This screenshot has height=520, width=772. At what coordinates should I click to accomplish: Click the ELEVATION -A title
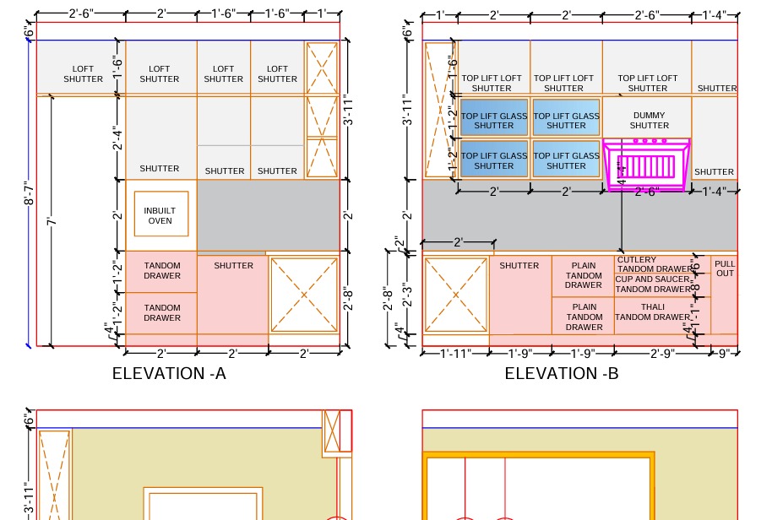click(x=169, y=373)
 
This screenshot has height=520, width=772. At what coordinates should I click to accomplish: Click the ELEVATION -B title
click(x=562, y=373)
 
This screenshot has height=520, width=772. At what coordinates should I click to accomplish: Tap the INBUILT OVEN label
click(x=160, y=215)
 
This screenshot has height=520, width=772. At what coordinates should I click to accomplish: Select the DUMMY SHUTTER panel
click(x=648, y=120)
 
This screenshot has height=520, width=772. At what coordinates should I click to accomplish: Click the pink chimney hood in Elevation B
click(x=647, y=165)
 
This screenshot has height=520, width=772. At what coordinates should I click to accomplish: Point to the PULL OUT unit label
click(x=725, y=268)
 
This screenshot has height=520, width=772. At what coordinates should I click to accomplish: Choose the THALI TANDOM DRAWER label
click(x=652, y=312)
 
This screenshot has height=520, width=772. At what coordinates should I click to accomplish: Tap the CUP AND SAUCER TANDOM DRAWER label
click(x=653, y=284)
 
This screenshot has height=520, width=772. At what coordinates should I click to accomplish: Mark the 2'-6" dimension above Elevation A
click(x=81, y=14)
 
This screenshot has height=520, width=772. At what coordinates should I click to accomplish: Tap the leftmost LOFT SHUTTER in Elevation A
click(x=83, y=74)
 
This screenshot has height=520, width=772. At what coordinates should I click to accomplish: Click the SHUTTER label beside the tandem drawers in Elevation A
click(x=233, y=265)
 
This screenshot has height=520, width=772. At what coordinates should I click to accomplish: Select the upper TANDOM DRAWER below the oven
click(x=161, y=271)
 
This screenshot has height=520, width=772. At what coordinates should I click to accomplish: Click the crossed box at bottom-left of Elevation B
click(x=456, y=295)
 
